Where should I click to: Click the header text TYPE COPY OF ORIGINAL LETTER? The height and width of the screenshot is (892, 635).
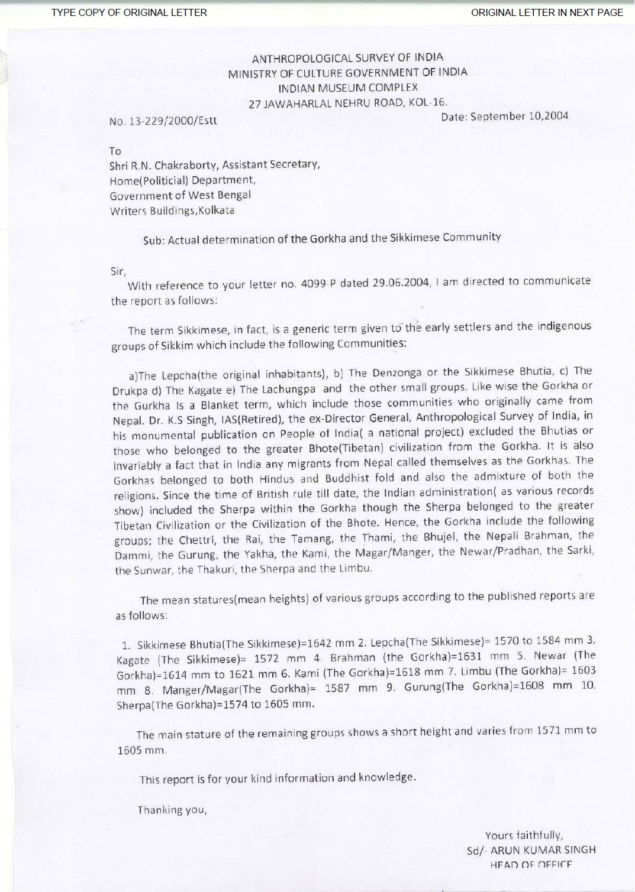pyautogui.click(x=129, y=12)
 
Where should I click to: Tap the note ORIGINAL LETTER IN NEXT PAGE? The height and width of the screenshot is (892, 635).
pyautogui.click(x=547, y=12)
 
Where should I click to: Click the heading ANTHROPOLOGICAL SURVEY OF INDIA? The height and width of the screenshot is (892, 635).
pyautogui.click(x=347, y=58)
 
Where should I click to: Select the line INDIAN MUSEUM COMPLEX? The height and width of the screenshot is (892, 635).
pyautogui.click(x=348, y=87)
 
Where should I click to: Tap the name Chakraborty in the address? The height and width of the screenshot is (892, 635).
pyautogui.click(x=186, y=165)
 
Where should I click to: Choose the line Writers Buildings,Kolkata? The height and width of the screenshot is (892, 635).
pyautogui.click(x=172, y=210)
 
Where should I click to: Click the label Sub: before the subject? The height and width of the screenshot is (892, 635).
pyautogui.click(x=154, y=241)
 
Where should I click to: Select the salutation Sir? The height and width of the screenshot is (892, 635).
pyautogui.click(x=118, y=271)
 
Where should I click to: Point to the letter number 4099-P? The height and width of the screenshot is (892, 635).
pyautogui.click(x=318, y=284)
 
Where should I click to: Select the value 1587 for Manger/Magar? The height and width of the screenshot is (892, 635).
pyautogui.click(x=337, y=689)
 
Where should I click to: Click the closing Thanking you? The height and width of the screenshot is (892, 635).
pyautogui.click(x=172, y=810)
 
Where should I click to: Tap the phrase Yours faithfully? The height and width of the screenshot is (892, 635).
pyautogui.click(x=524, y=835)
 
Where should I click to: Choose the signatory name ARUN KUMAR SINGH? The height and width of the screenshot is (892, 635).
pyautogui.click(x=543, y=850)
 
